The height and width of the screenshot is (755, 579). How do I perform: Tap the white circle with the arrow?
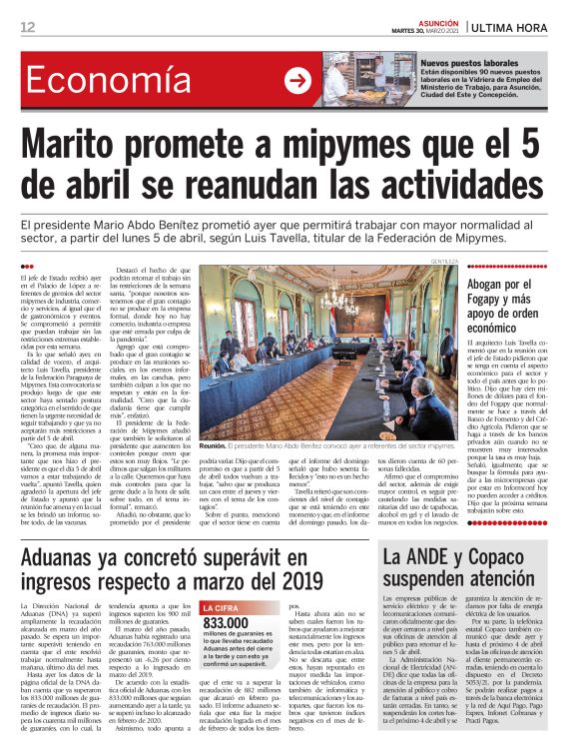(x=297, y=80)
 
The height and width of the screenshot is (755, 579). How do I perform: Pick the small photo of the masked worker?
(x=342, y=80)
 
